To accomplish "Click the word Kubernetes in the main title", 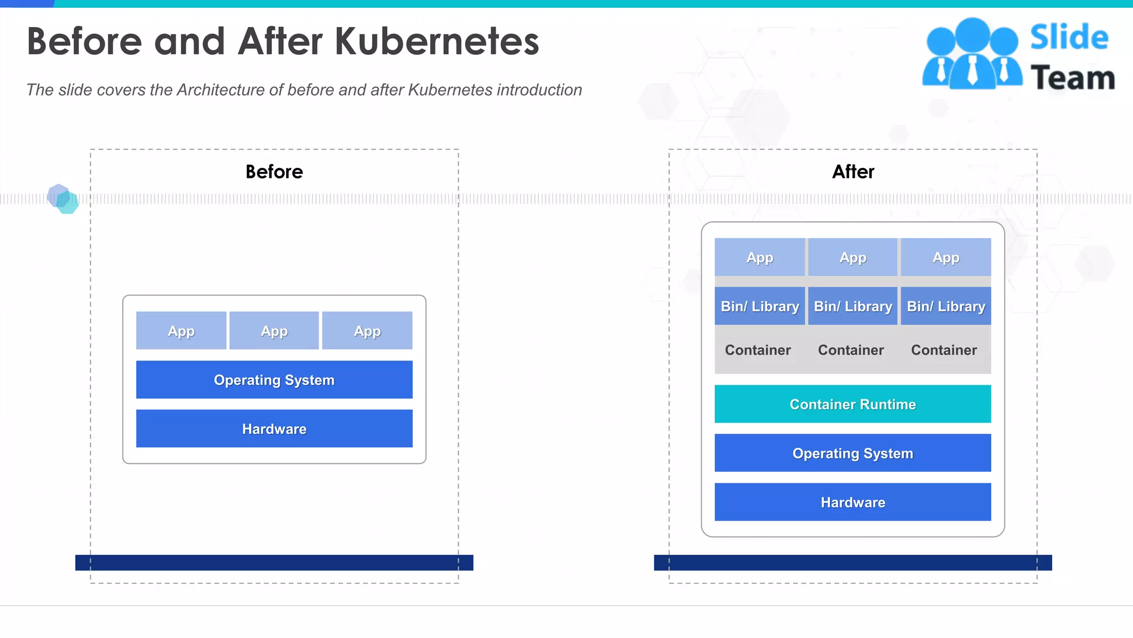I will tap(436, 42).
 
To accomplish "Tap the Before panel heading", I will tap(274, 172).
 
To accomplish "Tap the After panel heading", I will tap(853, 172).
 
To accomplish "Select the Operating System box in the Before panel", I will tap(274, 380).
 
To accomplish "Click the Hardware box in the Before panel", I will tap(274, 429).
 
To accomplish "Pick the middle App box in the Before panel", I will tap(274, 331).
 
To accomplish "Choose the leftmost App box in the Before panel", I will tap(181, 331).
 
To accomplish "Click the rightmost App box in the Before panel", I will tap(367, 331).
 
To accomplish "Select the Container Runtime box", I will tap(853, 404).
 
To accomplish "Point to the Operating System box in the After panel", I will tap(853, 453).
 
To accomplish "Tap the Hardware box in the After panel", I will tap(853, 502).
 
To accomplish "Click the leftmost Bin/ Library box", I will tap(760, 306).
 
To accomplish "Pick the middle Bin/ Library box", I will tap(853, 306).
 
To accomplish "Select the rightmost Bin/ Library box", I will tap(946, 306).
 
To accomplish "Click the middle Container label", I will tap(851, 350).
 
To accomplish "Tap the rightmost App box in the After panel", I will tap(946, 258).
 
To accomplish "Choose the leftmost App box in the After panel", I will tap(760, 258).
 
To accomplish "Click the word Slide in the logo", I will tap(1069, 38).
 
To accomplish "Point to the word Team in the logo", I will tap(1073, 78).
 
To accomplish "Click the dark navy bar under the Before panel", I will tap(274, 563).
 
